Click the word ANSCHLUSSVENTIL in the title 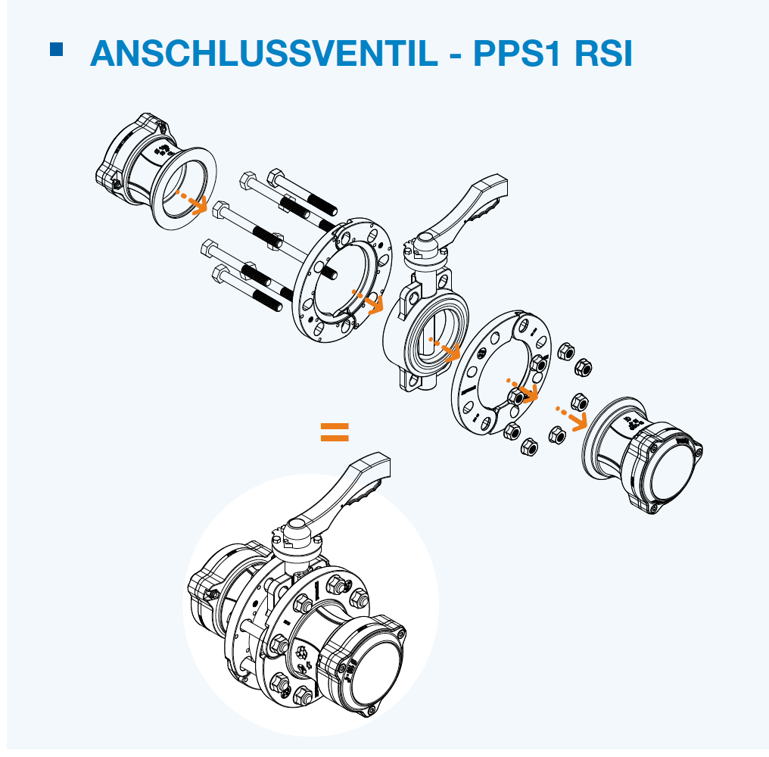coord(264,53)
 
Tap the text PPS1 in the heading coord(517,53)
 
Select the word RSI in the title coord(603,53)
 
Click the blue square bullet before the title coord(57,49)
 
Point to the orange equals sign coord(335,432)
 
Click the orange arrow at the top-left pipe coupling coord(192,201)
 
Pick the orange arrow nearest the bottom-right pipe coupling coord(572,417)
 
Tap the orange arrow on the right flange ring coord(523,390)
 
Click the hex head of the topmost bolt coord(276,176)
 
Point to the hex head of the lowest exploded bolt coord(221,273)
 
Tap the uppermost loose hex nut coord(566,351)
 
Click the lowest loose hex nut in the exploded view coord(529,447)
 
